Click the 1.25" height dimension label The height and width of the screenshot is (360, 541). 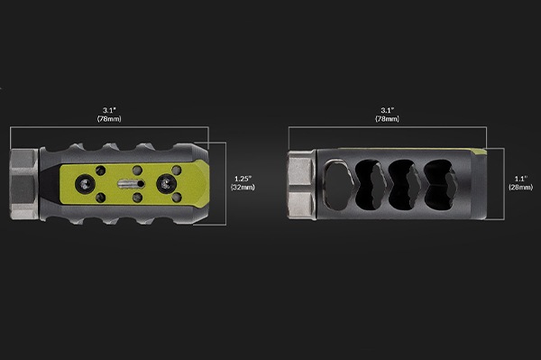243,179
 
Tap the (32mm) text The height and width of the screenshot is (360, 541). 243,187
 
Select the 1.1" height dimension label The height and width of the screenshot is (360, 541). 521,179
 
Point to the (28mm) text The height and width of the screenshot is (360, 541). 521,187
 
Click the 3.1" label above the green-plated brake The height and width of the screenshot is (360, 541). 109,110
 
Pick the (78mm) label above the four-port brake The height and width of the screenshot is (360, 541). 388,119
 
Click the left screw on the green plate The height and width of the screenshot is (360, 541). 86,184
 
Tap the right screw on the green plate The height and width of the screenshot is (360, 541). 166,184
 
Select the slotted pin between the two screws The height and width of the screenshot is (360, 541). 131,184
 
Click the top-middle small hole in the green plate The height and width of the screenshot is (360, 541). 137,170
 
